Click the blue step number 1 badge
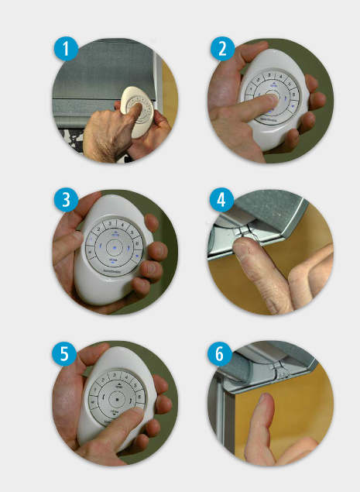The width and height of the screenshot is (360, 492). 67,50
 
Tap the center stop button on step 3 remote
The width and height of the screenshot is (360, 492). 113,247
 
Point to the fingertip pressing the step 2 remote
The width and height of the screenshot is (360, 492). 266,96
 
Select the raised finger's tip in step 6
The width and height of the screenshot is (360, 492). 264,403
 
